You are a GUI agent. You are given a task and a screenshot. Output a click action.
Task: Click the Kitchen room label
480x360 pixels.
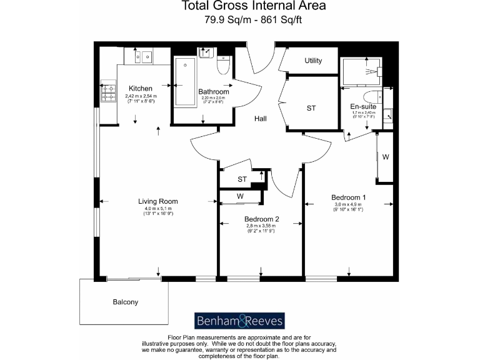pos(141,88)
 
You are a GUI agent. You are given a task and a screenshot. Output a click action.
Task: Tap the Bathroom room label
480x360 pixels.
pos(214,92)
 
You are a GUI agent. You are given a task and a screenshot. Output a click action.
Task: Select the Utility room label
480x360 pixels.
pos(313,61)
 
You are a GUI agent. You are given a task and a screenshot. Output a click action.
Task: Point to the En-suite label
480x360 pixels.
pos(362,107)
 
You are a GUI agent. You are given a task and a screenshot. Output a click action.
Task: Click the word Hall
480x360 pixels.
pos(261,118)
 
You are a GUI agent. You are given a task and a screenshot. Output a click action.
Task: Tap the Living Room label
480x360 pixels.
pos(158,201)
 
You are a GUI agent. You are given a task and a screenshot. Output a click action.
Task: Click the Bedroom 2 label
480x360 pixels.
pos(261,219)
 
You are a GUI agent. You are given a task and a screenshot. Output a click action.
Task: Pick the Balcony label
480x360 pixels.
pos(125,302)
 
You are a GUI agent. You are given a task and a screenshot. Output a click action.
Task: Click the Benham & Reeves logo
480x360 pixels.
pos(240,321)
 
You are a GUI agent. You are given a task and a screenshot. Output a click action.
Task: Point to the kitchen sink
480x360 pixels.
pos(141,57)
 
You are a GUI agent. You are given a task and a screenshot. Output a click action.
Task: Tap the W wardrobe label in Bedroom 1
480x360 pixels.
pos(386,157)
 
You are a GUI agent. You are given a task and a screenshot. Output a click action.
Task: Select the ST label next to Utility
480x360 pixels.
pos(311,108)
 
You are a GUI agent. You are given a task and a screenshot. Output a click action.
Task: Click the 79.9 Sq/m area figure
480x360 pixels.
pos(222,20)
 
